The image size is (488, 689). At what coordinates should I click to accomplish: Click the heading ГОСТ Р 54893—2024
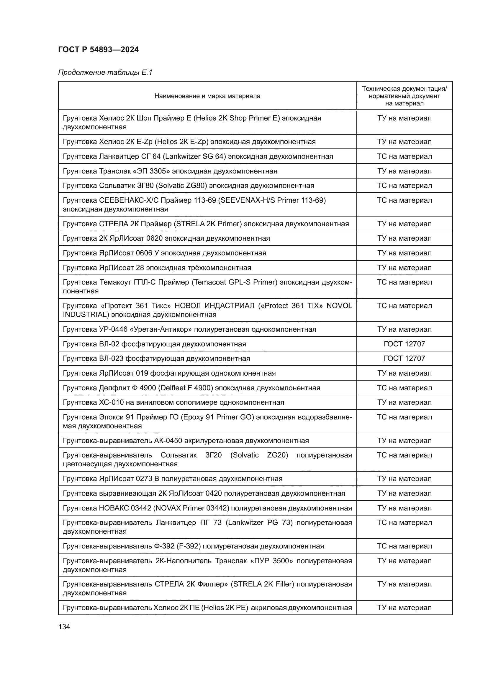coord(98,49)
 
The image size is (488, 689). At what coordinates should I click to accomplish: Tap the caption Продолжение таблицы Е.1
coord(105,72)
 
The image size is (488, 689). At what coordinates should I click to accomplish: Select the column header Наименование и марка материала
coord(207,96)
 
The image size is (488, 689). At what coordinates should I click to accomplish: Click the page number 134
coord(64,627)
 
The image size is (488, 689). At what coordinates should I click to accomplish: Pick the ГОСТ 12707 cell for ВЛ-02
coord(404,344)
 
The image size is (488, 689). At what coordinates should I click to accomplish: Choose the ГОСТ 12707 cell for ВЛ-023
coord(404,358)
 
